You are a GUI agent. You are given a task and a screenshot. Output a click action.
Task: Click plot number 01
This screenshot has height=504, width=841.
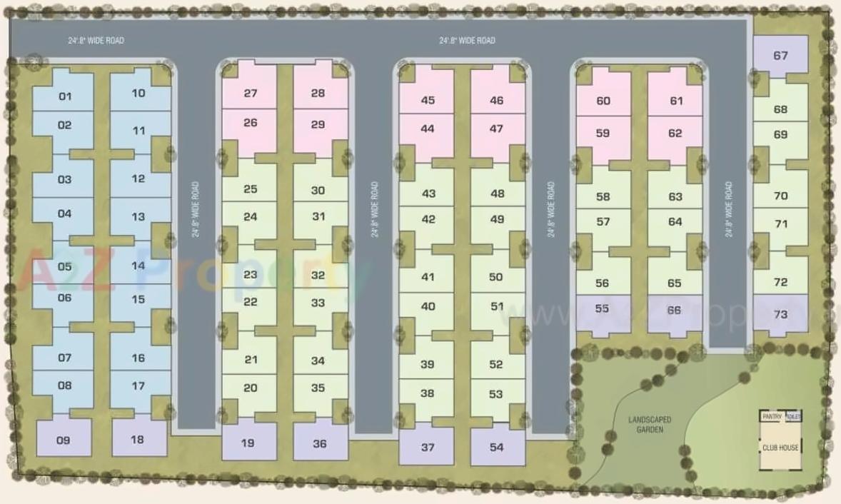coord(65,96)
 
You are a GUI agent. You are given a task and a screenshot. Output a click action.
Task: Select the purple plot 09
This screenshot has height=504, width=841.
coord(64,440)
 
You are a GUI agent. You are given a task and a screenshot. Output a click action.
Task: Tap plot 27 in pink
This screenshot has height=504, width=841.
coord(250,94)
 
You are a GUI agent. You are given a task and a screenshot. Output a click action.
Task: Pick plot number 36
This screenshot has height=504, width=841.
coord(320,443)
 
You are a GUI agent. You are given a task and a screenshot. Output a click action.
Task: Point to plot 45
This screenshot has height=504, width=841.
coord(428,100)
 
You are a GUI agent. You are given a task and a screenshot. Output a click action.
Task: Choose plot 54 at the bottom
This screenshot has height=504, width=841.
coord(497,447)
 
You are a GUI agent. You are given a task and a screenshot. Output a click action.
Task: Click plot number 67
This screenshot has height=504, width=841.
coord(780,56)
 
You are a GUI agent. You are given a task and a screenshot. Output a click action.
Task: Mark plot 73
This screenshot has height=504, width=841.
coord(780,314)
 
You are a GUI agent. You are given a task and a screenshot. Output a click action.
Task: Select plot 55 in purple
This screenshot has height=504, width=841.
coord(602,308)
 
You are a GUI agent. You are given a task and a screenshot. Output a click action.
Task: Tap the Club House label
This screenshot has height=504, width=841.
coord(780,448)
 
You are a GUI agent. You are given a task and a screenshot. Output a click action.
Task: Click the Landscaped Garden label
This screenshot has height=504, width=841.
coord(649,424)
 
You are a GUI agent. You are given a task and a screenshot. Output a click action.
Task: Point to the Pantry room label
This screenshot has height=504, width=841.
coord(772,416)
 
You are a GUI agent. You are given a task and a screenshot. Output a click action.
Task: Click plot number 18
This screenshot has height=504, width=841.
coord(138,439)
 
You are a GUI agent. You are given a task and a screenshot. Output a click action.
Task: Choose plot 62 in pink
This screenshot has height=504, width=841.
coord(675,133)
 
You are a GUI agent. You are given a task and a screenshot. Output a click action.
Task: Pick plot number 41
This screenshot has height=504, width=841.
coord(428,277)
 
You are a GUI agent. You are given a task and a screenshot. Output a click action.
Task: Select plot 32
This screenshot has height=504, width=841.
coord(318,275)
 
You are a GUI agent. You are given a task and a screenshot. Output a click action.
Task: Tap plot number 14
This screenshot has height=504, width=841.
coord(139,266)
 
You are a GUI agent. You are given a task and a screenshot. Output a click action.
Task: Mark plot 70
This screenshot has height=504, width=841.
coord(780,196)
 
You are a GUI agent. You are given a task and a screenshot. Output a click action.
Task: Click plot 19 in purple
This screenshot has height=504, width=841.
coord(248,443)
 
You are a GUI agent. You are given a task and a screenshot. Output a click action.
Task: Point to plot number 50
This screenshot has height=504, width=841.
coord(497,276)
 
